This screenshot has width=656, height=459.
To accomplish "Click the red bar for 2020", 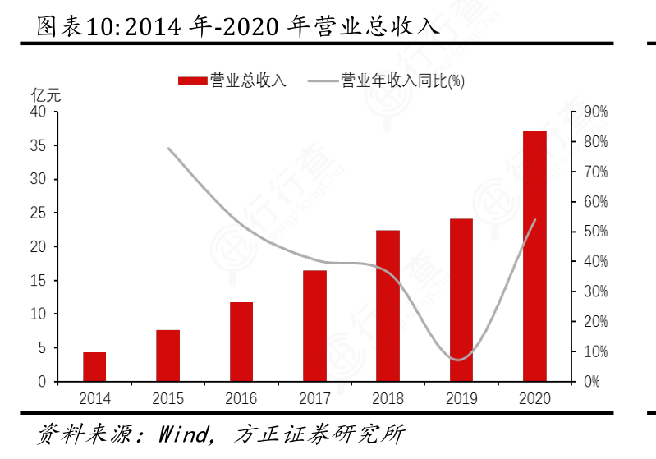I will pyautogui.click(x=534, y=256).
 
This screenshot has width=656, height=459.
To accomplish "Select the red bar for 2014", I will pyautogui.click(x=94, y=367).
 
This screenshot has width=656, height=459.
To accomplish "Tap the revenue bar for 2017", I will pyautogui.click(x=314, y=326).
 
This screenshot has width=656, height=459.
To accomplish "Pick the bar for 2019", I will pyautogui.click(x=461, y=301).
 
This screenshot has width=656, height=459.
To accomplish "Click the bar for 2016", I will pyautogui.click(x=241, y=342).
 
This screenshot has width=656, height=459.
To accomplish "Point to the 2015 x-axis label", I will pyautogui.click(x=167, y=398).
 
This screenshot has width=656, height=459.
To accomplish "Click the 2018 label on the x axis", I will pyautogui.click(x=388, y=398).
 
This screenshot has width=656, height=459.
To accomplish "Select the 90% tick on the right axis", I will pyautogui.click(x=595, y=112).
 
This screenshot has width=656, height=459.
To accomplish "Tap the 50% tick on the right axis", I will pyautogui.click(x=595, y=232).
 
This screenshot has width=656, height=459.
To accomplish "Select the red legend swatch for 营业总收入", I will pyautogui.click(x=192, y=80).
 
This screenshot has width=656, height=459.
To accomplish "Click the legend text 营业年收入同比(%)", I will pyautogui.click(x=402, y=80).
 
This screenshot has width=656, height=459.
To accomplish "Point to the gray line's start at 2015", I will pyautogui.click(x=168, y=149).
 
